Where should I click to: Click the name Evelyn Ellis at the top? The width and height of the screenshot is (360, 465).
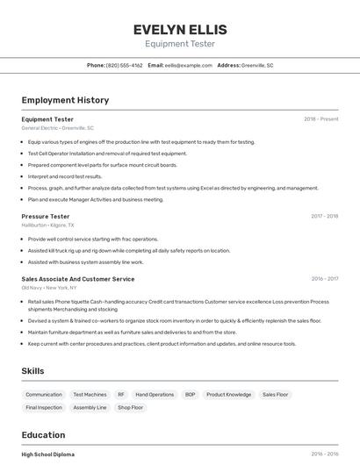coord(179,29)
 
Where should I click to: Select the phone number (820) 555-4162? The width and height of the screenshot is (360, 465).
coord(124,65)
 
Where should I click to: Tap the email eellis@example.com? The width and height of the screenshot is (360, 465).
coord(189,65)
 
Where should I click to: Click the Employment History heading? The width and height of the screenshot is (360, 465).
coord(65,100)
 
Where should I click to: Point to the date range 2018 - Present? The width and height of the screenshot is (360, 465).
coord(320,118)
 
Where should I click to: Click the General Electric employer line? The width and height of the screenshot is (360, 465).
coord(57,128)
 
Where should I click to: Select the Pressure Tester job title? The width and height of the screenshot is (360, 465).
coord(46,216)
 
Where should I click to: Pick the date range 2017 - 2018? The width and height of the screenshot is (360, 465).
coord(324,216)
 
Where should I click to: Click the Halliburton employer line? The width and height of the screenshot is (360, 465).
coord(47,225)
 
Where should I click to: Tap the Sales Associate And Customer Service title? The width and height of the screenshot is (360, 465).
coord(78,279)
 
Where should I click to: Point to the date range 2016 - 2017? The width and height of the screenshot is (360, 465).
coord(324,279)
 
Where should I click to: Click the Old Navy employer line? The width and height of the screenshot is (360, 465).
coord(49,288)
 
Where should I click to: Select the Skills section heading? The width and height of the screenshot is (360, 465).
coord(33,371)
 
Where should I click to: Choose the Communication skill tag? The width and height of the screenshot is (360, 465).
coord(44,395)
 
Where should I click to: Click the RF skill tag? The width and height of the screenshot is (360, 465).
coord(121,395)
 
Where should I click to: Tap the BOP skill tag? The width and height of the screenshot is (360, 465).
coord(190,395)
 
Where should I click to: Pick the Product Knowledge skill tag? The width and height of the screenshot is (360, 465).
coord(228,395)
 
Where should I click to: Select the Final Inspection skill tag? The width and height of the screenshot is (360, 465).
coord(44,408)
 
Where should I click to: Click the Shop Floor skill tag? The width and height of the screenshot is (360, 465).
coord(130,408)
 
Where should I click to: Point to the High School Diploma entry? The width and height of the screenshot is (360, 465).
coord(48,454)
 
